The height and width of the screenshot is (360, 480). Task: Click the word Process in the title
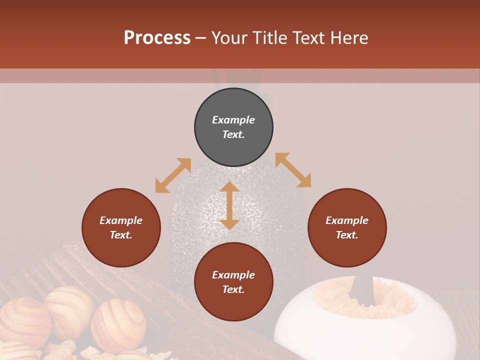[x=157, y=38]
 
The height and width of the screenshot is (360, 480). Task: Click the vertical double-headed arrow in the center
[x=229, y=205]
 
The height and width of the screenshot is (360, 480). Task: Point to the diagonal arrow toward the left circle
[x=173, y=175]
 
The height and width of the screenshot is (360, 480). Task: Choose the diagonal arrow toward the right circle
[x=293, y=170]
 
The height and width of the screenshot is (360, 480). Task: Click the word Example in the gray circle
[x=233, y=120]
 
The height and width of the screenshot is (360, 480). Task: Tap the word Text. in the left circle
[x=121, y=235]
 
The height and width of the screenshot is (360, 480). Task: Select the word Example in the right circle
[x=347, y=220]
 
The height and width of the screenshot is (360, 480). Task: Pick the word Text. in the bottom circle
[x=233, y=289]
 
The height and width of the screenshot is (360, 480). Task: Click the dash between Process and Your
[x=201, y=38]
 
